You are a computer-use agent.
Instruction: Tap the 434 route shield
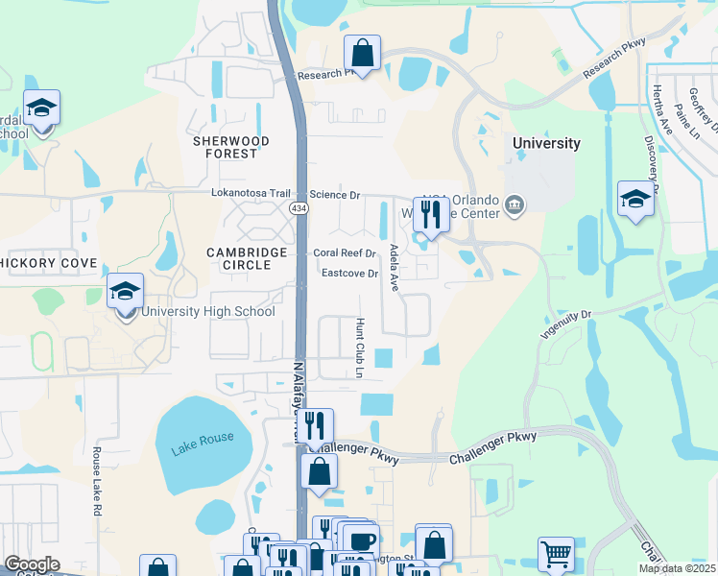299,207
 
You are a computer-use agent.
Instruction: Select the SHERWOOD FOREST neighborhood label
231,147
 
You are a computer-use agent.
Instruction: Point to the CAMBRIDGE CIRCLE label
247,258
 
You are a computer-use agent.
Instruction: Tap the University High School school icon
126,292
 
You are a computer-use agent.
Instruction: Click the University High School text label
208,311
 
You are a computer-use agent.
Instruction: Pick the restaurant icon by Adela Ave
430,214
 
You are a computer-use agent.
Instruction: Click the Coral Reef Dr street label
345,253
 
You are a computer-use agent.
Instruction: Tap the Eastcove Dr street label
352,274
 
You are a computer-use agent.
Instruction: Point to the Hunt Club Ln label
361,347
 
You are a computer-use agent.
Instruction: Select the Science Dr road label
334,195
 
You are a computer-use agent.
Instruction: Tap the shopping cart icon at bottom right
555,554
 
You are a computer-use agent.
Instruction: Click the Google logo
32,564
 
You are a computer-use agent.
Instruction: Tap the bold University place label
546,143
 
